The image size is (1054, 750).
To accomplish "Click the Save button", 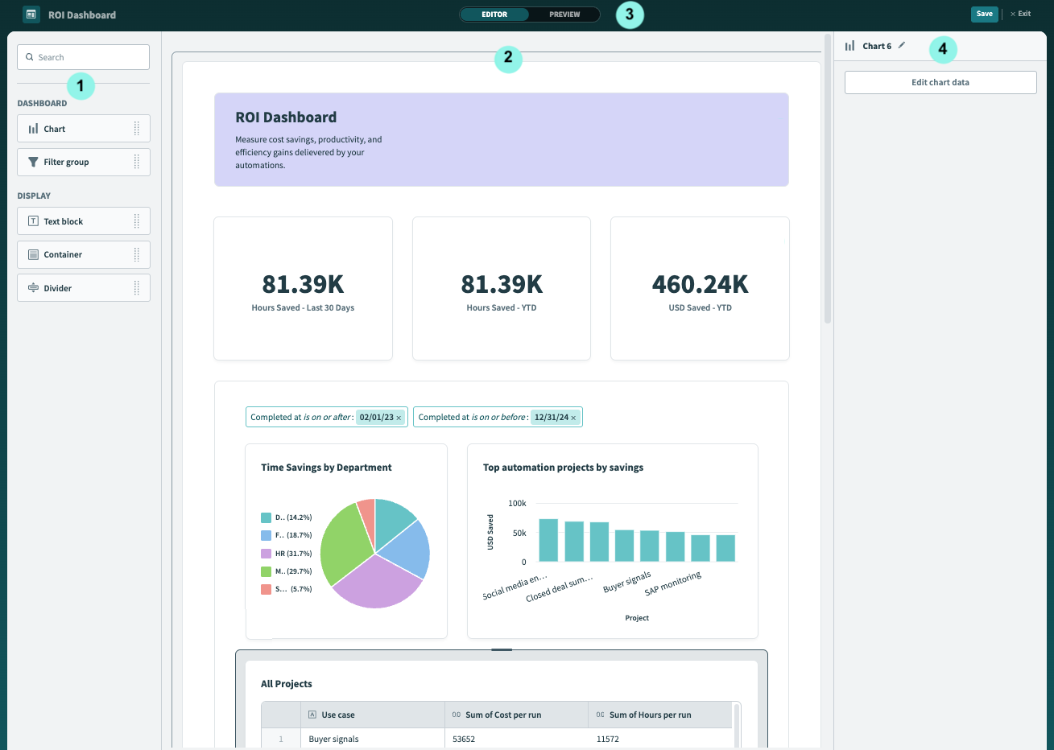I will click(x=984, y=14).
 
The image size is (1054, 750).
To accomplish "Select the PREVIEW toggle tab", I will click(x=564, y=14).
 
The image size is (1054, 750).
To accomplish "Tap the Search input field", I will click(x=84, y=57).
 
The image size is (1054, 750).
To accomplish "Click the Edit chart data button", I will click(x=940, y=82).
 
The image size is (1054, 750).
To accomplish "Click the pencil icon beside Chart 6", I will click(x=902, y=46).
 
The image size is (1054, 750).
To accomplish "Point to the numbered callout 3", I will click(x=630, y=14).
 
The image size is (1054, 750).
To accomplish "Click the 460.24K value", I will click(x=700, y=285).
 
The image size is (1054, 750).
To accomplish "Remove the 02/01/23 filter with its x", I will click(x=399, y=418).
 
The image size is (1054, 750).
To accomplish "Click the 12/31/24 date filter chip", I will click(x=551, y=418).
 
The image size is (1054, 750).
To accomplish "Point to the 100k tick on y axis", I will click(x=517, y=503).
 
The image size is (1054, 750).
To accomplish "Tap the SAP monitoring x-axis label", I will click(x=673, y=583).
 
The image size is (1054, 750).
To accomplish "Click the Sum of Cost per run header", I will click(x=503, y=715).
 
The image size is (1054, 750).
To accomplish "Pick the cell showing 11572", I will click(x=608, y=739).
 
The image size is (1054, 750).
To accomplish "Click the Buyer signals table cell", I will click(x=334, y=739).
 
